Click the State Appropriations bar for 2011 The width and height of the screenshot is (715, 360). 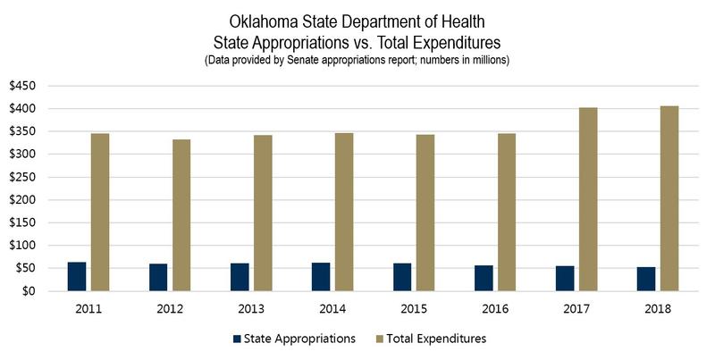click(77, 276)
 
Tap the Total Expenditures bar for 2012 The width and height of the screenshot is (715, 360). click(181, 214)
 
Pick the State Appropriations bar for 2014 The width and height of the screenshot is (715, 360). click(321, 276)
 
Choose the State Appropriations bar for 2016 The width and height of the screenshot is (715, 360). click(484, 278)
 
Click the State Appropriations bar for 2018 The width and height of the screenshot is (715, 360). click(646, 279)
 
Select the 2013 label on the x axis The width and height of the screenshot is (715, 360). click(251, 308)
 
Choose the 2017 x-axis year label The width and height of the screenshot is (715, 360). click(576, 308)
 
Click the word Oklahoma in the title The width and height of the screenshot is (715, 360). click(265, 21)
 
